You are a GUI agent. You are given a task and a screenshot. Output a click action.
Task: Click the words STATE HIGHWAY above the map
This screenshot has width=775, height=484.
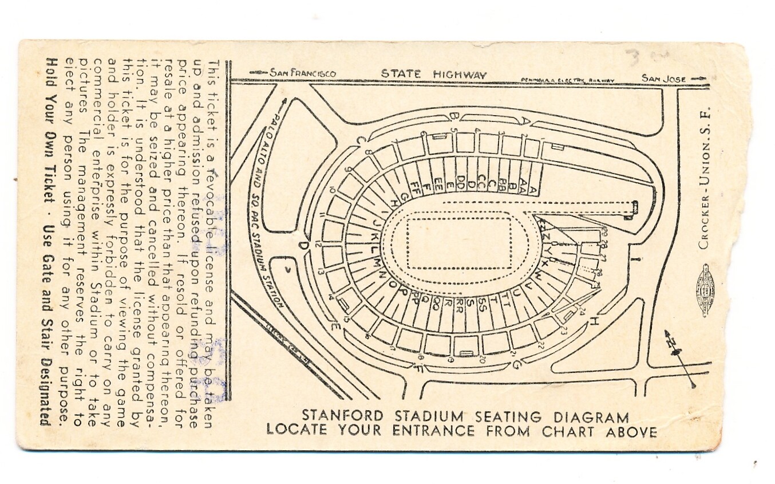[x=434, y=74]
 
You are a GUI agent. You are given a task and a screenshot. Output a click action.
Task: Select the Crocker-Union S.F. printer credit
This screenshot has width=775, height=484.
[x=705, y=178]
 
